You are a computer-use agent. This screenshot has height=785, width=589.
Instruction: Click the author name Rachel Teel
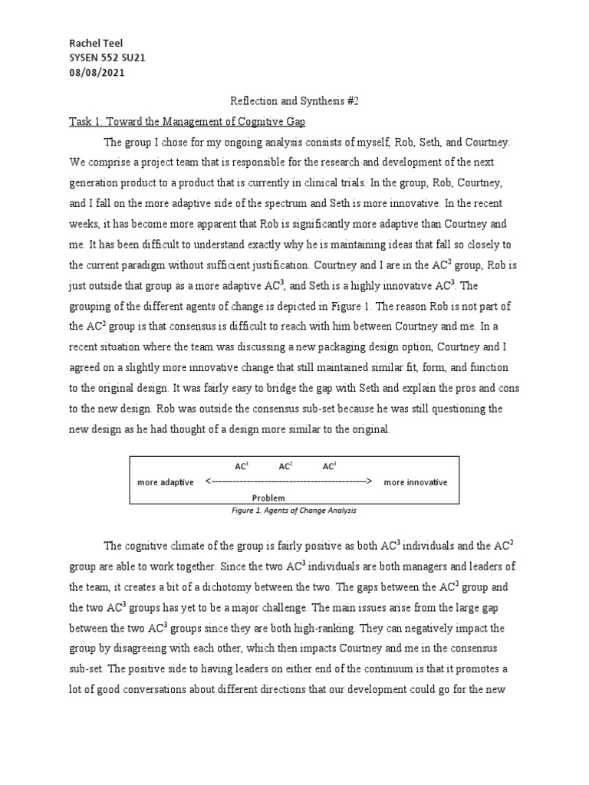coord(96,44)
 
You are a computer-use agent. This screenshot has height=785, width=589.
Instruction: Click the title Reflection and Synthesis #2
coord(294,100)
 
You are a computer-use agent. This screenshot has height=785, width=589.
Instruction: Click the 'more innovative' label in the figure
coord(416,482)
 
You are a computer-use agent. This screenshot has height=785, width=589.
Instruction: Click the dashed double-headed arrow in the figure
coord(288,482)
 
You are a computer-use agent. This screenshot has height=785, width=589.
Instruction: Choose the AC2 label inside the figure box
coord(285,466)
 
